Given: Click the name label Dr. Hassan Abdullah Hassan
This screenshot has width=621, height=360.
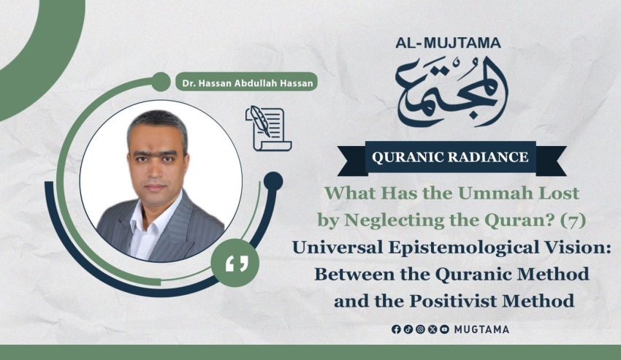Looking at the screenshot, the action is [x=248, y=83].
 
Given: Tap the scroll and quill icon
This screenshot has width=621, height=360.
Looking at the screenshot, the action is [x=269, y=129].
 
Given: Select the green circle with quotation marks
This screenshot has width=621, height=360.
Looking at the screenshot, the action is [x=235, y=263].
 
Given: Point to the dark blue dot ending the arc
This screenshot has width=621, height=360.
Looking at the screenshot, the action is [x=273, y=181].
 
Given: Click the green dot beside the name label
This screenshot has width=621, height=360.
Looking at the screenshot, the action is [x=161, y=82].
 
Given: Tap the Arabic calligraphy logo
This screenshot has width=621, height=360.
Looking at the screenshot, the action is [x=452, y=91].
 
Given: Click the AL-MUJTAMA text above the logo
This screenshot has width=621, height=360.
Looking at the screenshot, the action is [x=448, y=43].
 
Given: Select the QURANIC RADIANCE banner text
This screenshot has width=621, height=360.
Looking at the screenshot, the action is [x=450, y=157].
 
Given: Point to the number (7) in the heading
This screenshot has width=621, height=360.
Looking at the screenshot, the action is [x=572, y=221].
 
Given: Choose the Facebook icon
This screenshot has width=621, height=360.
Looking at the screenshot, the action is [x=396, y=329].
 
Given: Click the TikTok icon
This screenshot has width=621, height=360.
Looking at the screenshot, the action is [x=408, y=329].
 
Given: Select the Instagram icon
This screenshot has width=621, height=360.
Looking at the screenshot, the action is [x=421, y=329].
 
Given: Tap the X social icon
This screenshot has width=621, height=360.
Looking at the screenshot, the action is [x=433, y=329].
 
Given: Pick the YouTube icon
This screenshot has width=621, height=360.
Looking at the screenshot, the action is [x=444, y=329].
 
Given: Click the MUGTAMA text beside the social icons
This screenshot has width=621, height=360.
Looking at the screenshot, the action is [x=481, y=329].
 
